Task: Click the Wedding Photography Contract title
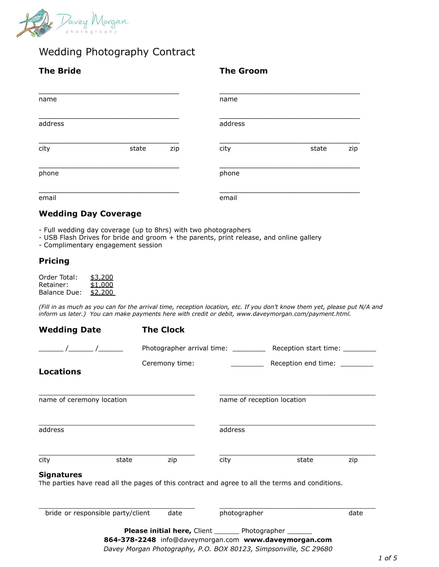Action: tap(117, 52)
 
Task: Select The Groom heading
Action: tap(243, 71)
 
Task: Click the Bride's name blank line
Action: tap(109, 92)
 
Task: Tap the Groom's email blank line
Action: tap(289, 191)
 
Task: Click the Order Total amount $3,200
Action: tap(102, 277)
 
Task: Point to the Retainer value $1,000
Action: tap(102, 285)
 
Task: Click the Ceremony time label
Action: tap(168, 363)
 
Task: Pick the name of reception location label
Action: tap(262, 400)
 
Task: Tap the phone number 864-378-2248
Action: tap(130, 540)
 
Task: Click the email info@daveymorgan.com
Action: tap(199, 540)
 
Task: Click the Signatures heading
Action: tap(60, 474)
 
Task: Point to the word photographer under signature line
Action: tap(241, 513)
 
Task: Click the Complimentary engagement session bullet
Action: tap(103, 245)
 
